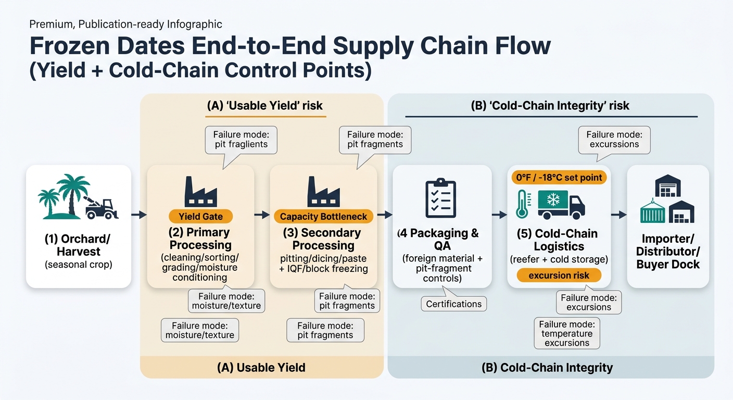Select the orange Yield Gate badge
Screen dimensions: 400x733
click(200, 217)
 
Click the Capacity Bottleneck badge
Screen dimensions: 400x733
click(323, 217)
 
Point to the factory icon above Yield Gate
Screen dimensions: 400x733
click(200, 192)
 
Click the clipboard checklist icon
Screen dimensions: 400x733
click(440, 198)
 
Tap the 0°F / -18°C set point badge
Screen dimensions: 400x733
click(559, 178)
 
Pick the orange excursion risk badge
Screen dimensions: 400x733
click(559, 275)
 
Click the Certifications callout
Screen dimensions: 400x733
click(453, 304)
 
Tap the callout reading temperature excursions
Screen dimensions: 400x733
click(566, 333)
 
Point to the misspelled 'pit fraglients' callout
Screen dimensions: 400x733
click(241, 139)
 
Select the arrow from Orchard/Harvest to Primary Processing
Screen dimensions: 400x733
click(138, 215)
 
